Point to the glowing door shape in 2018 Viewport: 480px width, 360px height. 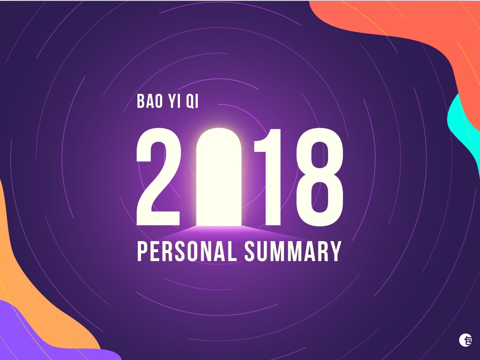tap(219, 178)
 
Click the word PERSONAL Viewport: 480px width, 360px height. tap(187, 251)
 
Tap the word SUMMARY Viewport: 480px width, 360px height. tap(293, 251)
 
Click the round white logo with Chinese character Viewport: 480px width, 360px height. tap(466, 340)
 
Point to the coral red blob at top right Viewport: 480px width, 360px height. tap(403, 21)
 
